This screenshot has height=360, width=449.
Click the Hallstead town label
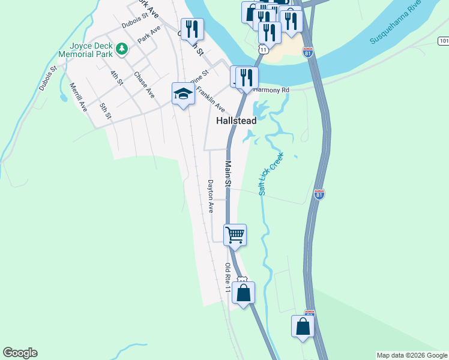[x=236, y=121]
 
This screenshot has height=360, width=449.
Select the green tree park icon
[x=122, y=48]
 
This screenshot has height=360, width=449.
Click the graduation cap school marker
[x=183, y=94]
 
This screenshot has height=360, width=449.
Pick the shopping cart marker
[x=235, y=234]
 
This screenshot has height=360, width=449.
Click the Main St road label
[x=228, y=173]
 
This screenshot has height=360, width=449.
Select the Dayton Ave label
[x=211, y=196]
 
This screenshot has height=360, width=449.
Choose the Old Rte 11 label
[x=228, y=278]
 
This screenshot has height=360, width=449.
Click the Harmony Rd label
[x=271, y=90]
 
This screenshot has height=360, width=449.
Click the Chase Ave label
[x=144, y=85]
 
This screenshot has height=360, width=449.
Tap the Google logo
[x=20, y=353]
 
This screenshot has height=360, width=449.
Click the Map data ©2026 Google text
[x=412, y=355]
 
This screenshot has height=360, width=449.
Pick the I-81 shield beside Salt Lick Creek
[x=319, y=195]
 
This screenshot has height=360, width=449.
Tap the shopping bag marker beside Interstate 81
[x=303, y=327]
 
